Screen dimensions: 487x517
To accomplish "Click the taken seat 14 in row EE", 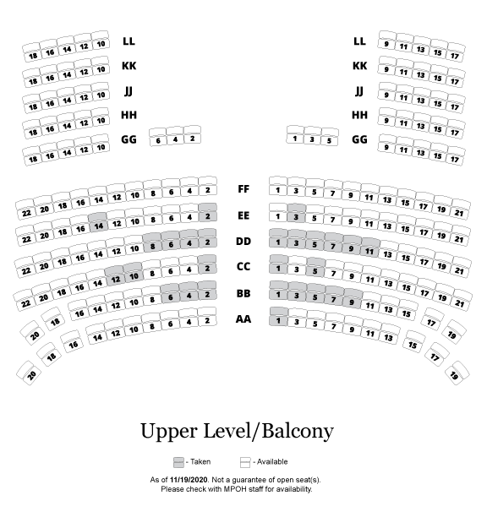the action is pyautogui.click(x=98, y=222).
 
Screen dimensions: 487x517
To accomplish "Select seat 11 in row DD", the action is pyautogui.click(x=370, y=248).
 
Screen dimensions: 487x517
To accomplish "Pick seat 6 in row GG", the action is pyautogui.click(x=158, y=137).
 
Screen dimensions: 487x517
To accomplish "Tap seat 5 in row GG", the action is pyautogui.click(x=329, y=137).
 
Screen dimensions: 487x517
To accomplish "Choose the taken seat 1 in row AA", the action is pyautogui.click(x=278, y=317).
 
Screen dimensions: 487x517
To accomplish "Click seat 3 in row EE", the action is pyautogui.click(x=296, y=214).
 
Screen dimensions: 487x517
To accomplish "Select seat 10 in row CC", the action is pyautogui.click(x=134, y=272).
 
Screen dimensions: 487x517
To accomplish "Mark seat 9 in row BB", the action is pyautogui.click(x=353, y=298).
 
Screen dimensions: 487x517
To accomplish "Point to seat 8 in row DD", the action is pyautogui.click(x=152, y=242).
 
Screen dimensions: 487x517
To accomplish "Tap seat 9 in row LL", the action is pyautogui.click(x=386, y=41).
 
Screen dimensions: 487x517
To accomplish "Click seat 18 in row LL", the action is pyautogui.click(x=32, y=52).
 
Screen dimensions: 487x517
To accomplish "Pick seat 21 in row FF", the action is pyautogui.click(x=460, y=210).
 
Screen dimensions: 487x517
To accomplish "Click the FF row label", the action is pyautogui.click(x=243, y=189).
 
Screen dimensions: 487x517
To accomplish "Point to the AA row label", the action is pyautogui.click(x=243, y=319).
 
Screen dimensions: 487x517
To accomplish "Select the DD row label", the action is pyautogui.click(x=243, y=242).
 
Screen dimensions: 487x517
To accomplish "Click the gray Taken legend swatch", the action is pyautogui.click(x=178, y=462).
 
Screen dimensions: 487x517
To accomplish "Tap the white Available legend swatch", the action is pyautogui.click(x=245, y=462).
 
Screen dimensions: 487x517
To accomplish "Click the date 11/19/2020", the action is pyautogui.click(x=189, y=480).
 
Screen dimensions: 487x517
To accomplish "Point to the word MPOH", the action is pyautogui.click(x=235, y=489).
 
